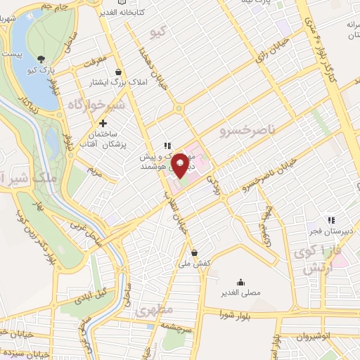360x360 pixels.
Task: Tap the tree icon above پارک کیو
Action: click(42, 59)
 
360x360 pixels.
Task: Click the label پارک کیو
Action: click(42, 71)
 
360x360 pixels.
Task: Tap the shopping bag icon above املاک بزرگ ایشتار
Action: click(118, 71)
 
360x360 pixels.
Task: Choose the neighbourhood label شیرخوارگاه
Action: click(96, 105)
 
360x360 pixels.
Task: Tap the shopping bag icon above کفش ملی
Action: click(195, 252)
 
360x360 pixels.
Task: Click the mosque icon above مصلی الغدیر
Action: click(242, 279)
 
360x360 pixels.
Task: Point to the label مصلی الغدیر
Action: click(242, 291)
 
